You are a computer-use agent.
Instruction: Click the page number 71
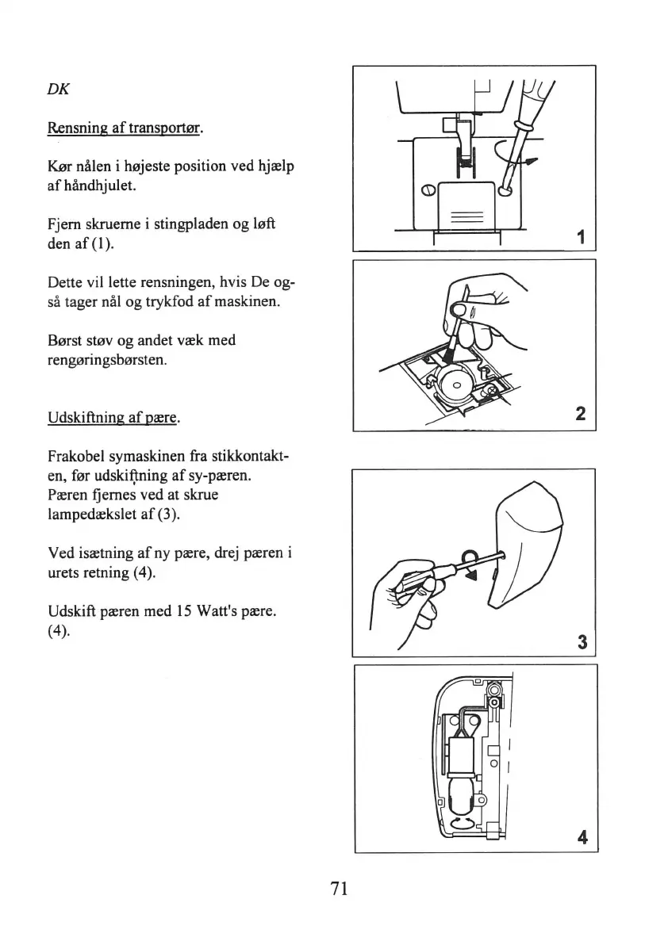tap(340, 888)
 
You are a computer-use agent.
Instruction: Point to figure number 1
tap(582, 237)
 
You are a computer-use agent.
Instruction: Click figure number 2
tap(582, 413)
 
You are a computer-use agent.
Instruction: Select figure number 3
tap(582, 642)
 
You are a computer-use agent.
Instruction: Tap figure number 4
tap(582, 837)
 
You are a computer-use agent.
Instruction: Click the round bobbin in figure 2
tap(457, 388)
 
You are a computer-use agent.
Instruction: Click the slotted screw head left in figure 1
tap(427, 189)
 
